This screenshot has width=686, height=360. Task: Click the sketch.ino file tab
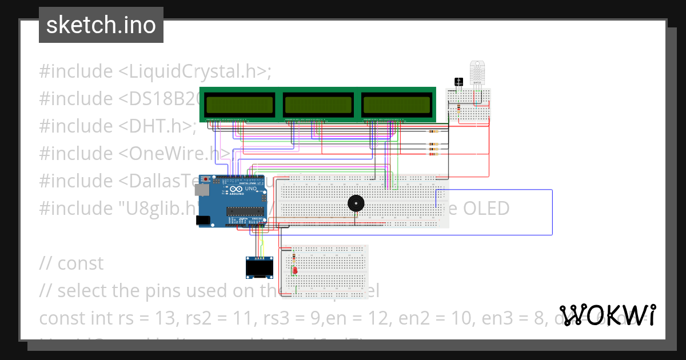pyautogui.click(x=101, y=25)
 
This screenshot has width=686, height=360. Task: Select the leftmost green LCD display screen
pyautogui.click(x=240, y=105)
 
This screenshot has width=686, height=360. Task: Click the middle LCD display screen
pyautogui.click(x=318, y=105)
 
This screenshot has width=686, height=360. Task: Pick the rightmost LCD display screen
pyautogui.click(x=396, y=105)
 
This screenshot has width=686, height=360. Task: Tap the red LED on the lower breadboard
pyautogui.click(x=294, y=270)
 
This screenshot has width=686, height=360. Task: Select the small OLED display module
pyautogui.click(x=257, y=267)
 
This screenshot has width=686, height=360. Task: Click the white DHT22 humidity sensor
pyautogui.click(x=477, y=73)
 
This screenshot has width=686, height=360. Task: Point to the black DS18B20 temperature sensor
pyautogui.click(x=458, y=82)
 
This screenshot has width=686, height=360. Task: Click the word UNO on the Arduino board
pyautogui.click(x=251, y=189)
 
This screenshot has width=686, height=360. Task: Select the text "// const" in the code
pyautogui.click(x=71, y=263)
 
